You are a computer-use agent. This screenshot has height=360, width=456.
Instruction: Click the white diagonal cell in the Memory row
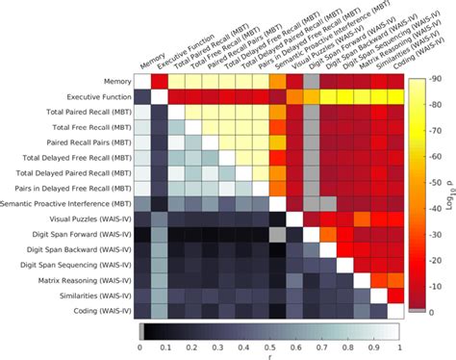tap(142, 82)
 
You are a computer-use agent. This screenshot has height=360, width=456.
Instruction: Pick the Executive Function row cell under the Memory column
tap(142, 97)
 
